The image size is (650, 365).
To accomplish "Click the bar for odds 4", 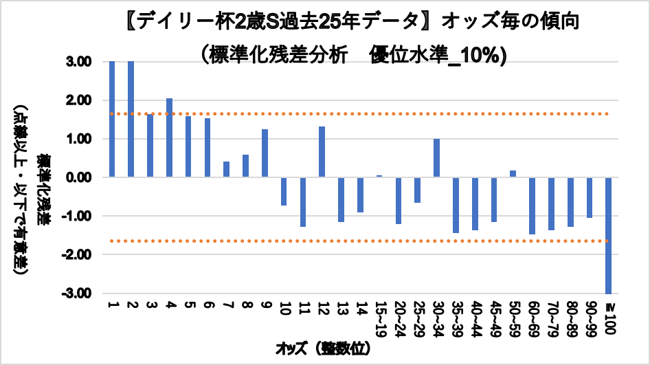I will pyautogui.click(x=169, y=137).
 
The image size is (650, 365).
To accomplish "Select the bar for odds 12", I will pyautogui.click(x=322, y=152).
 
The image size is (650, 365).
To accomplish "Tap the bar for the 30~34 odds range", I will pyautogui.click(x=436, y=158).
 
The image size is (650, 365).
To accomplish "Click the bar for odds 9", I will pyautogui.click(x=265, y=153).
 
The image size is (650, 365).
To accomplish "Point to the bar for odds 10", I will pyautogui.click(x=284, y=191).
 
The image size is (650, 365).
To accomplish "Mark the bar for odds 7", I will pyautogui.click(x=227, y=169).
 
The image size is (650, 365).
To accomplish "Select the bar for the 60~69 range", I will pyautogui.click(x=532, y=206).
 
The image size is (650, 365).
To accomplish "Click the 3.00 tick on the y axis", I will pyautogui.click(x=82, y=63).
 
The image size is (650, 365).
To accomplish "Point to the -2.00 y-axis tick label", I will pyautogui.click(x=80, y=255).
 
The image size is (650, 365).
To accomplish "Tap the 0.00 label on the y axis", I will pyautogui.click(x=82, y=178).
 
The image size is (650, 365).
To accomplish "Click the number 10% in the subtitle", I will pyautogui.click(x=481, y=56).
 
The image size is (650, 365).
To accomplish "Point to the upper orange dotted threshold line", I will pyautogui.click(x=357, y=114).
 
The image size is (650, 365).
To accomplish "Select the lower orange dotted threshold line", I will pyautogui.click(x=357, y=241).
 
